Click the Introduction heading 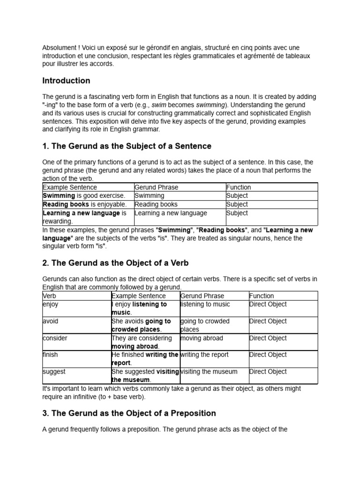pyautogui.click(x=66, y=81)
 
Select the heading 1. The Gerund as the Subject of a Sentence pyautogui.click(x=127, y=146)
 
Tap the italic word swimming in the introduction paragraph pyautogui.click(x=211, y=105)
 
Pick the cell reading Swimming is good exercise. pyautogui.click(x=84, y=196)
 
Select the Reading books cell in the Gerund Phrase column pyautogui.click(x=156, y=204)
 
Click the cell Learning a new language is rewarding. pyautogui.click(x=84, y=217)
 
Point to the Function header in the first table pyautogui.click(x=238, y=187)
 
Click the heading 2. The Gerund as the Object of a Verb pyautogui.click(x=115, y=263)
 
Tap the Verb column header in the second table pyautogui.click(x=49, y=296)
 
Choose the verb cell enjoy pyautogui.click(x=50, y=305)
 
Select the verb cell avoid pyautogui.click(x=50, y=322)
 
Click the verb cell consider pyautogui.click(x=55, y=338)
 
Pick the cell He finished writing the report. pyautogui.click(x=145, y=359)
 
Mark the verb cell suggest pyautogui.click(x=54, y=372)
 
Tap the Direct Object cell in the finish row pyautogui.click(x=268, y=355)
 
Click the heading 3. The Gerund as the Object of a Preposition pyautogui.click(x=129, y=413)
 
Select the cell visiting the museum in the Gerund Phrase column pyautogui.click(x=209, y=372)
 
